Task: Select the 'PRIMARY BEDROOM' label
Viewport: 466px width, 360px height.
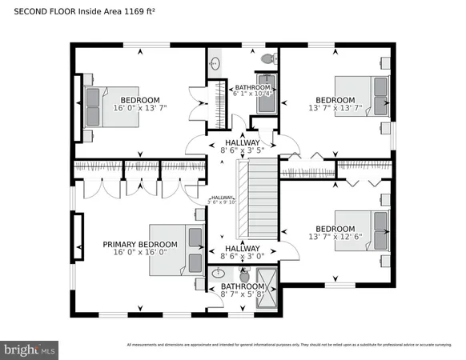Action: click(x=139, y=245)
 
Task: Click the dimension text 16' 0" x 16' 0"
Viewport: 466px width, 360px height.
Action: click(x=139, y=253)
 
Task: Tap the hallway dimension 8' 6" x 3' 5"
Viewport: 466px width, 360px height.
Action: click(x=242, y=150)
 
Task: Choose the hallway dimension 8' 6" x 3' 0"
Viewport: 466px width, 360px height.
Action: click(x=242, y=257)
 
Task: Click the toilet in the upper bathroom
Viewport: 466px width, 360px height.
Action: click(x=270, y=58)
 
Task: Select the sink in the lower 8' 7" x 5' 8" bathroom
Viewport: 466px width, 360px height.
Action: click(x=217, y=274)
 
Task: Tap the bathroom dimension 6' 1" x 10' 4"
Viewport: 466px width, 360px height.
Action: click(x=253, y=94)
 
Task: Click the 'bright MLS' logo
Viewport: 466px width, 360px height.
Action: click(x=30, y=350)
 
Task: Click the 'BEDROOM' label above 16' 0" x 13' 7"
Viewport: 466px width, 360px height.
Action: click(x=139, y=100)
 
